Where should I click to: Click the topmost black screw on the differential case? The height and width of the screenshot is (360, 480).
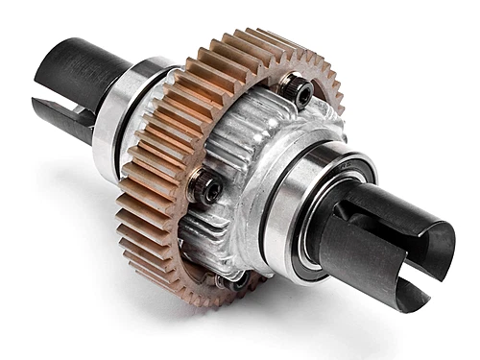tap(298, 91)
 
